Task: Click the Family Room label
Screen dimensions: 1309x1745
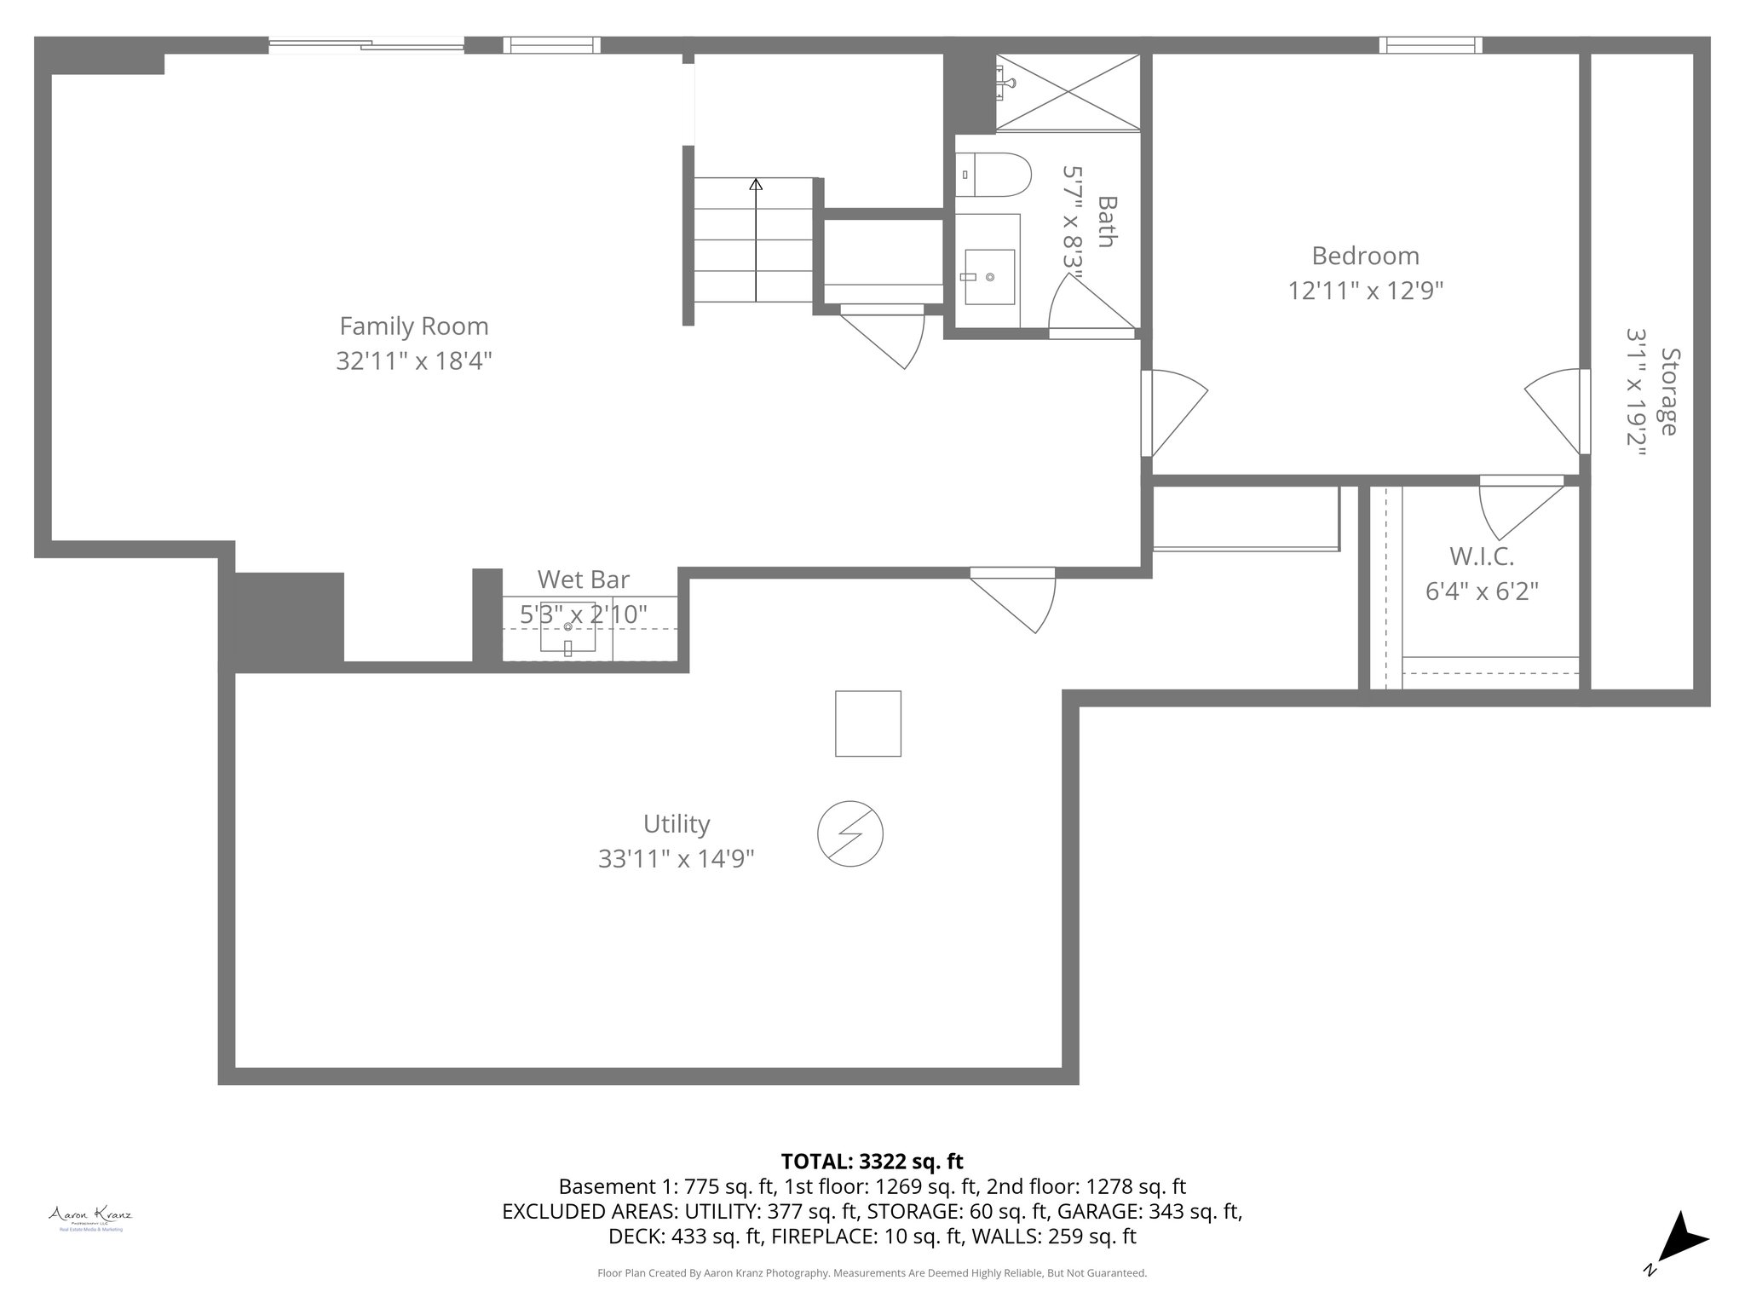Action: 414,326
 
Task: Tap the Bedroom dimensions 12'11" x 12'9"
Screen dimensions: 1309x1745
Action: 1365,291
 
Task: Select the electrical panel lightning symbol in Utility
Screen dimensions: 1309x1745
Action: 849,833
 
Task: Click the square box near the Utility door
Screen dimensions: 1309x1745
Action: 867,724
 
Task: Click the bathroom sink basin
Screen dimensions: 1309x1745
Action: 989,277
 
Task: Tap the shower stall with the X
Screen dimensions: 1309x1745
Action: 1068,92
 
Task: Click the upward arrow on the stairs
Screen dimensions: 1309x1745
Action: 756,184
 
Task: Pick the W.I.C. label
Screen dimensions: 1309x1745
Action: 1482,556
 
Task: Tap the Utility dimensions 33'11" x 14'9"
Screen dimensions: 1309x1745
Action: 676,859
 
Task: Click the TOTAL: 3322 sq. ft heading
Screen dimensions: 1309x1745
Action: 872,1162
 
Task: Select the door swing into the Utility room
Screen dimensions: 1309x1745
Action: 1022,602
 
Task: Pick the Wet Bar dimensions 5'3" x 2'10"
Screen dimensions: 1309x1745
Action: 584,614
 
